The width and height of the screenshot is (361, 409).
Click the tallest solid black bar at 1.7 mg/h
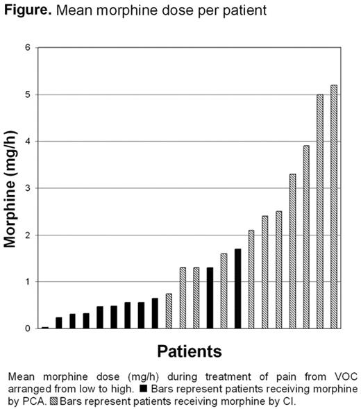pyautogui.click(x=237, y=289)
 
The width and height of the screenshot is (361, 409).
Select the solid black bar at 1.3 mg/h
pyautogui.click(x=210, y=299)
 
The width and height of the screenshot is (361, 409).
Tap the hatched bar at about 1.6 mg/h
pyautogui.click(x=224, y=291)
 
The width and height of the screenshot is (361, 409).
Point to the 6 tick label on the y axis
pyautogui.click(x=28, y=47)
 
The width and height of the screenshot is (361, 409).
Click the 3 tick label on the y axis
pyautogui.click(x=28, y=188)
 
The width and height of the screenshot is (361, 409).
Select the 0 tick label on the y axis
pyautogui.click(x=28, y=328)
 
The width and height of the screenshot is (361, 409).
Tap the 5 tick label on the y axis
pyautogui.click(x=28, y=94)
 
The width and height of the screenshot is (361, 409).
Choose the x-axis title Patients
pyautogui.click(x=189, y=349)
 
